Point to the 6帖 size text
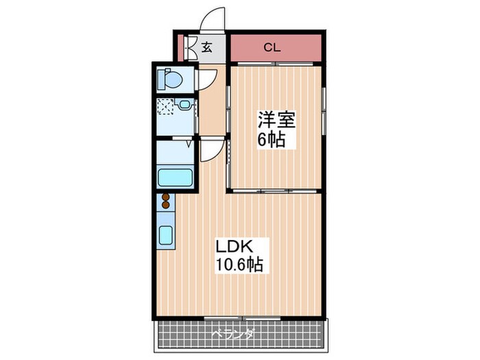point(272,141)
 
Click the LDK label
point(235,245)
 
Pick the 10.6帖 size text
point(240,264)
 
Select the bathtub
point(176,176)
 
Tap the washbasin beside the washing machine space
point(184,106)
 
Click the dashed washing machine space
point(165,107)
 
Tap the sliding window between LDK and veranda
point(232,318)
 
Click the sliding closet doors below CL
point(274,64)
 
